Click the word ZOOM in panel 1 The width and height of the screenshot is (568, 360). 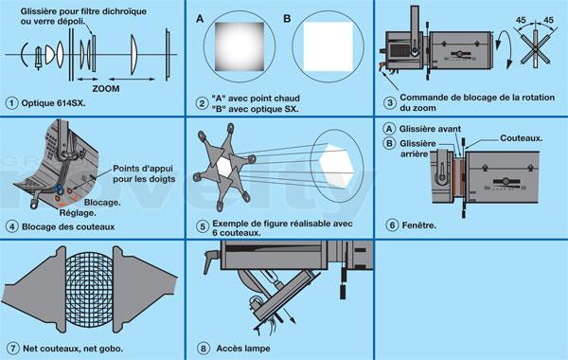pos(105,88)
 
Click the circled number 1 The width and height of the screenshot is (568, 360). pos(11,103)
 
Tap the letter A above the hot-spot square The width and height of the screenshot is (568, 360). pos(200,19)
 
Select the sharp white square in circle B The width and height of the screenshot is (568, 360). pos(328,46)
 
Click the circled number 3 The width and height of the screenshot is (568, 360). pos(390,102)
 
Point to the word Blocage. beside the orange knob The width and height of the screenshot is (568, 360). pos(102,203)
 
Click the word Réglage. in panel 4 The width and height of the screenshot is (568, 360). pos(78,213)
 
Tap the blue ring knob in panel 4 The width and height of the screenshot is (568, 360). pos(57,189)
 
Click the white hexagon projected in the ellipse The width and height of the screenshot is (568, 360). pos(337,166)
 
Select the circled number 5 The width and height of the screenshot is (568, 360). pos(203,227)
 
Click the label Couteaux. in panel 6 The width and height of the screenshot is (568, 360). pos(522,138)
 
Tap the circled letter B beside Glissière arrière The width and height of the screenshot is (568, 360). pos(389,144)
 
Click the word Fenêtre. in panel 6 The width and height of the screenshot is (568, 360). pos(419,225)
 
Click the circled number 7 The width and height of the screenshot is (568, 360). pos(13,349)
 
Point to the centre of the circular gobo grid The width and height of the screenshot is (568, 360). pos(90,289)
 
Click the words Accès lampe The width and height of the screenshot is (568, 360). pos(243,349)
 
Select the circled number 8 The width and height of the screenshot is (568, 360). pos(204,349)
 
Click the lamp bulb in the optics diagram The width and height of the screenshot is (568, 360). pos(39,57)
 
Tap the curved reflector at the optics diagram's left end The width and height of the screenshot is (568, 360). pos(23,55)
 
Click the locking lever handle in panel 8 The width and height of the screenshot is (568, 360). pos(209,261)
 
